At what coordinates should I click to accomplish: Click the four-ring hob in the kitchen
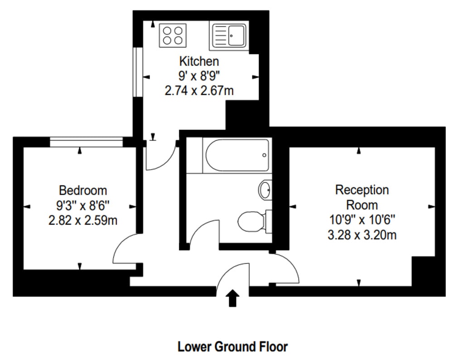(173, 35)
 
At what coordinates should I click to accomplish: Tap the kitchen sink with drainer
(229, 36)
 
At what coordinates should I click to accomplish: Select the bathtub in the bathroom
(237, 156)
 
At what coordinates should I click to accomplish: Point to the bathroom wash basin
(265, 189)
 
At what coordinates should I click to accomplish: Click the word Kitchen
(199, 61)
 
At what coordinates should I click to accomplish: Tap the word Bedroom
(83, 190)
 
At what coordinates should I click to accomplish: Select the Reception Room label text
(362, 197)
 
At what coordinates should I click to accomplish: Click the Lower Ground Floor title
(232, 347)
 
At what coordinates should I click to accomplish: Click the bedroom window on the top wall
(86, 142)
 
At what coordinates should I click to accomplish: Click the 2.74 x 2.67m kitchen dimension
(199, 91)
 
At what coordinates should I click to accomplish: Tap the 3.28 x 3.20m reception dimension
(362, 235)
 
